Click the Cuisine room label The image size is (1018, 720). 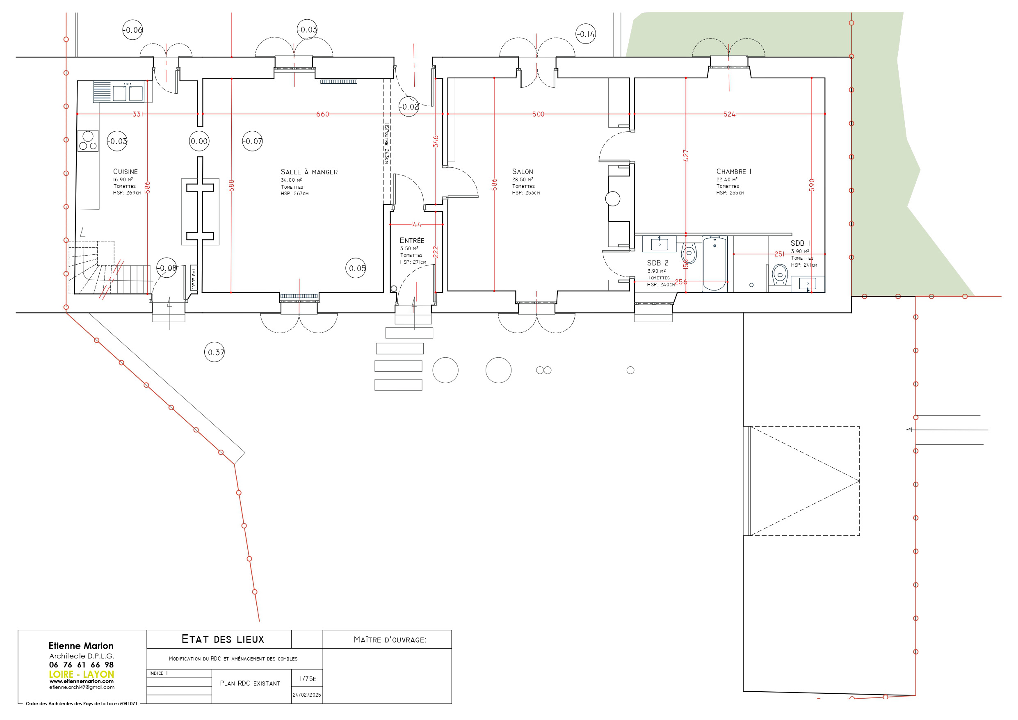[126, 171]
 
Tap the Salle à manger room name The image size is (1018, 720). [309, 172]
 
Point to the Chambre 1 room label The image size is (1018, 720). [734, 171]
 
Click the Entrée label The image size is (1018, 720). [412, 240]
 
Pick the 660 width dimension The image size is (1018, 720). [323, 114]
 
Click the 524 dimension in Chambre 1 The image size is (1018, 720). [729, 114]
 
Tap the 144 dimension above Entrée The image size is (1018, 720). [416, 225]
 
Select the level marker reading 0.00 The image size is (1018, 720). [199, 142]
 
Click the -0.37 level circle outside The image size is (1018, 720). [215, 353]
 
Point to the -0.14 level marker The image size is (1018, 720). [586, 34]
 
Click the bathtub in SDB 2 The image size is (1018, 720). [715, 264]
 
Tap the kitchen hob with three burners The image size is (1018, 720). [88, 141]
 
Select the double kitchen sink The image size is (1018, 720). [128, 93]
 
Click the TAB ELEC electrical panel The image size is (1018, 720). [194, 278]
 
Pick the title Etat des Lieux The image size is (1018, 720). [223, 639]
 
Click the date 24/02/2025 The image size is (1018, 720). [307, 695]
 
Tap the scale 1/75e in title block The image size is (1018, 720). [308, 679]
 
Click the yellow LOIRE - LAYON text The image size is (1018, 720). [82, 674]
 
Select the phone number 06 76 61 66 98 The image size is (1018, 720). [82, 665]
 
